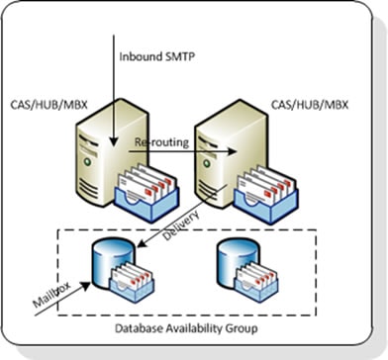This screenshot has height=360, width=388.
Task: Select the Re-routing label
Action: tap(159, 143)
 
